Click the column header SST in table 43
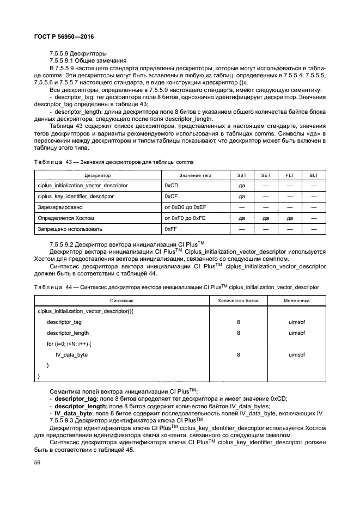[x=242, y=175]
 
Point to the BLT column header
[x=314, y=175]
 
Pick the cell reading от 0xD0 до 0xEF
[x=185, y=207]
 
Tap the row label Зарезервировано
[x=59, y=207]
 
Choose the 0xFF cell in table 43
[x=170, y=229]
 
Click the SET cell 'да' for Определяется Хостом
[x=266, y=218]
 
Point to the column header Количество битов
[x=239, y=301]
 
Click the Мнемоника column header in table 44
[x=297, y=301]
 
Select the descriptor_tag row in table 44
[x=64, y=322]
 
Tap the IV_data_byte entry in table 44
[x=71, y=354]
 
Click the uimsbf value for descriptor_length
[x=297, y=333]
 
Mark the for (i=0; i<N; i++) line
[x=69, y=344]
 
